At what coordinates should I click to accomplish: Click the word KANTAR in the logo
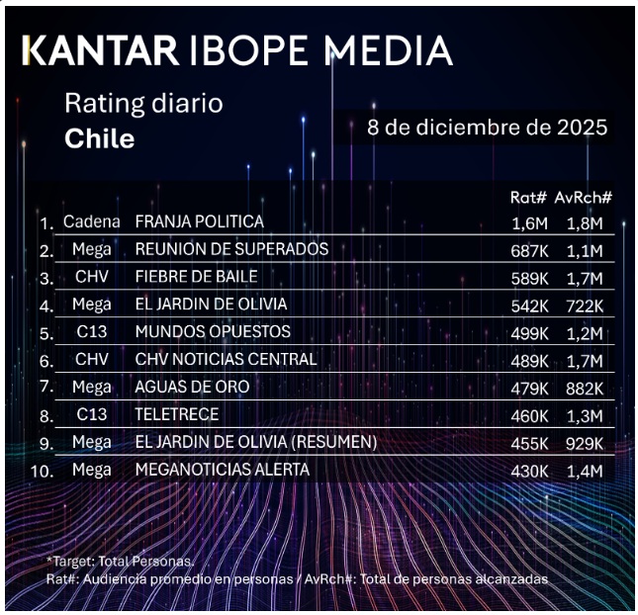100,49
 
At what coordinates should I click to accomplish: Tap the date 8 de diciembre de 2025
487,128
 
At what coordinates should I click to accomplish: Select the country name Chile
99,138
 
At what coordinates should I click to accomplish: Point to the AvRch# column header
584,197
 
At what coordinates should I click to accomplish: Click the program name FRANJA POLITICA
199,221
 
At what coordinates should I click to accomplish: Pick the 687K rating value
529,250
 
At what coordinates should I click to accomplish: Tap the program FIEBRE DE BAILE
196,276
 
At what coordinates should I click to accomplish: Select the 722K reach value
584,306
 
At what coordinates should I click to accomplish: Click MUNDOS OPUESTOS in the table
213,331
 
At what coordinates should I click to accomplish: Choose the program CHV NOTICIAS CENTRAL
226,359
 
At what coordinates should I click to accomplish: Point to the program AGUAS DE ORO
192,387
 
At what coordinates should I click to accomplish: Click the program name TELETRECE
176,414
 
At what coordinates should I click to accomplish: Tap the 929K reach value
584,444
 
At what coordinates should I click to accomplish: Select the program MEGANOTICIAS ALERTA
222,470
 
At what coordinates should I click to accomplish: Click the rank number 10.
42,471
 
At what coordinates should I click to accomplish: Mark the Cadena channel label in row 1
91,221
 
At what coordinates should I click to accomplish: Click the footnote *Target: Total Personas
118,561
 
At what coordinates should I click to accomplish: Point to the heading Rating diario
143,103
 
